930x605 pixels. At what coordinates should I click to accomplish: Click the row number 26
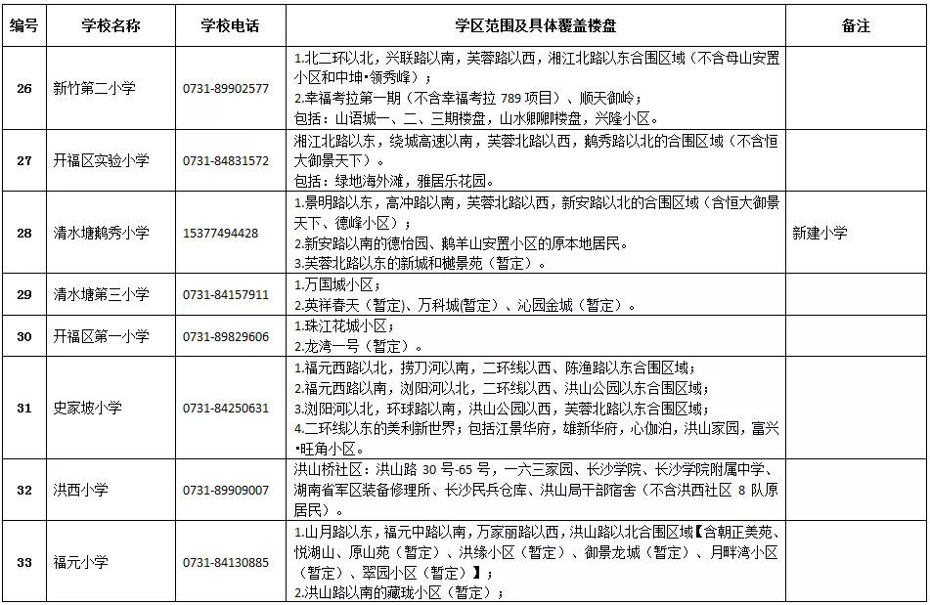[23, 88]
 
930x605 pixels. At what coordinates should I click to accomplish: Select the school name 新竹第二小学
[94, 88]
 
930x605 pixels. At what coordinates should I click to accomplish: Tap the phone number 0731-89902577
[226, 88]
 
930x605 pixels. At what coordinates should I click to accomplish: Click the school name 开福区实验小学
[101, 160]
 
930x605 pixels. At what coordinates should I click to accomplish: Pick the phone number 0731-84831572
[226, 160]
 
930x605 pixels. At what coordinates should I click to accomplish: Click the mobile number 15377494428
[221, 233]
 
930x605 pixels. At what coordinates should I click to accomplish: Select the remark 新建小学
[819, 233]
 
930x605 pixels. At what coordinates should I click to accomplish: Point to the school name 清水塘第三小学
[101, 294]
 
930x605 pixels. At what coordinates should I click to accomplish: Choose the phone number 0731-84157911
[226, 294]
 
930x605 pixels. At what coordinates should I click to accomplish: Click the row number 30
[23, 336]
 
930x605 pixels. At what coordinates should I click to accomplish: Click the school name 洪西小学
[80, 490]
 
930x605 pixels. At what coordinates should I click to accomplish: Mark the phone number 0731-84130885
[226, 562]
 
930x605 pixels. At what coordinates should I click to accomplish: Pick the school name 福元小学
[80, 562]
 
